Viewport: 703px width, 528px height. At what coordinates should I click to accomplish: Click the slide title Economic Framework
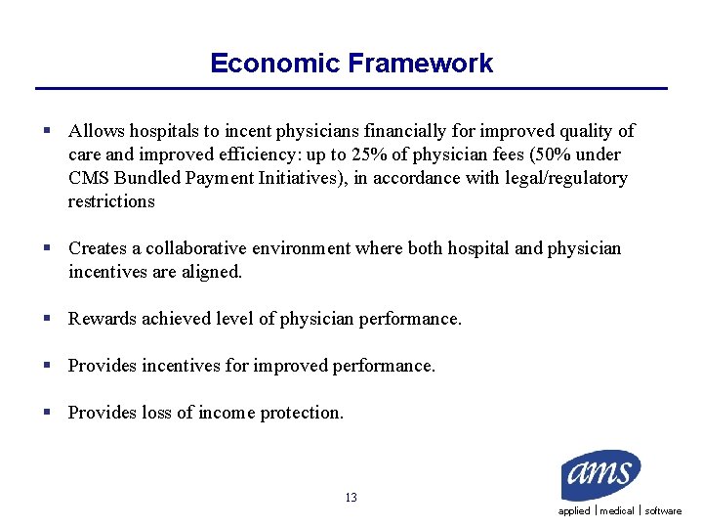[351, 64]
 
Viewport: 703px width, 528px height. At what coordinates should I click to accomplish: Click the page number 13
[351, 498]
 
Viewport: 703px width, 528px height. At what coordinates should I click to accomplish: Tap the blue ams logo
[600, 475]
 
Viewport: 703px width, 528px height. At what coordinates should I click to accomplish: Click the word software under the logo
[663, 511]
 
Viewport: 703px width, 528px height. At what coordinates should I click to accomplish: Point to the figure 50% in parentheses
[551, 154]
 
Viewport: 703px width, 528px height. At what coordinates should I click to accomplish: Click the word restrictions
[111, 201]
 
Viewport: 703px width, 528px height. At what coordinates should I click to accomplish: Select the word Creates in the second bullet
[98, 248]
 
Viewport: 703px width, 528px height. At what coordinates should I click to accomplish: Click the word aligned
[212, 272]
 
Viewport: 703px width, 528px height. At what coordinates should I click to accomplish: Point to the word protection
[302, 413]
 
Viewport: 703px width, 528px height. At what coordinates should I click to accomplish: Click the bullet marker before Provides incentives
[47, 366]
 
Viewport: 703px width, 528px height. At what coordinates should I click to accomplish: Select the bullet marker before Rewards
[47, 319]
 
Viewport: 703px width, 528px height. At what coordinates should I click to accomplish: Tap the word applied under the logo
[574, 511]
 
